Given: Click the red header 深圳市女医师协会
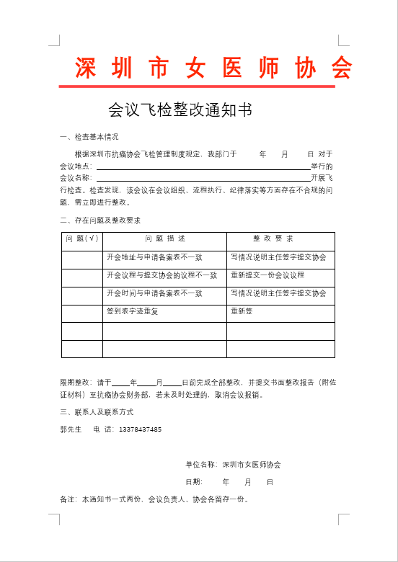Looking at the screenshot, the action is tap(214, 68).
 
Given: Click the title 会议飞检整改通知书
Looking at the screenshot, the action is tap(180, 110).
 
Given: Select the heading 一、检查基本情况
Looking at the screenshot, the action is tap(89, 137).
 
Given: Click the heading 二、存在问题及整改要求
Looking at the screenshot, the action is tap(101, 220).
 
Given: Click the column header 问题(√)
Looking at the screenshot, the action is tap(82, 238).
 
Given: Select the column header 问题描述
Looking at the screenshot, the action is tap(165, 238).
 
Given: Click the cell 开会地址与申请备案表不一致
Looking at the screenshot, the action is tap(154, 257).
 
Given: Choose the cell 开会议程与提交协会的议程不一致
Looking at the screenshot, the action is tap(162, 275).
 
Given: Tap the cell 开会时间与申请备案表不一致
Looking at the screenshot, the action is tap(154, 293).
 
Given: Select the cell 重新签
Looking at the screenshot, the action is tap(242, 311).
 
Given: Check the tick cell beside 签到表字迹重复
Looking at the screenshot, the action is tap(82, 312).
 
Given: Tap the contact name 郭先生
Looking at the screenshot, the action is tap(71, 430).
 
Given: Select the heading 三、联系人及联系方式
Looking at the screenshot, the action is tap(97, 412).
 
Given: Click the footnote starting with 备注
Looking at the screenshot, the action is tap(154, 499).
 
